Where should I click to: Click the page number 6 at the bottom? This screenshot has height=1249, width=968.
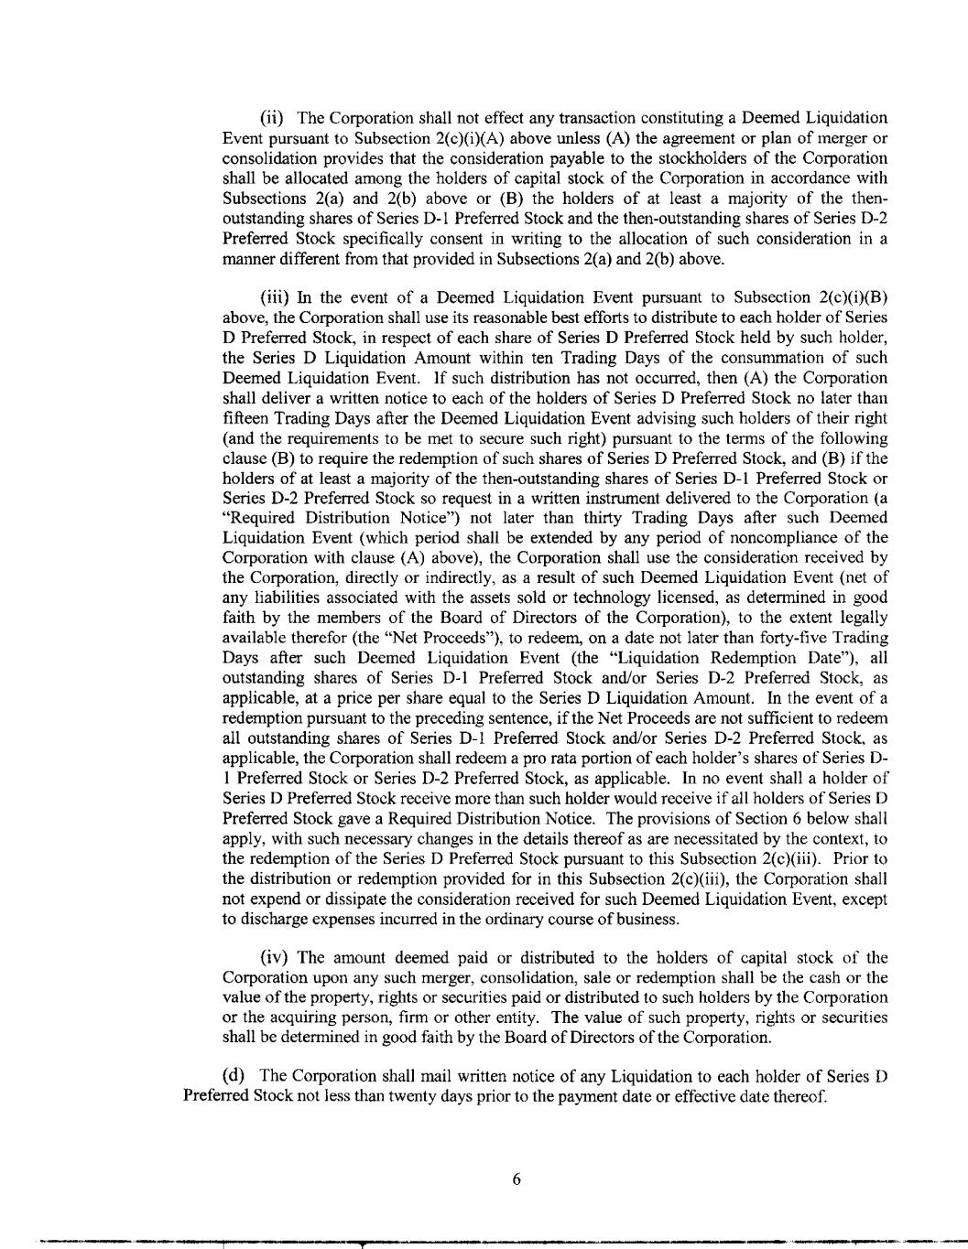(517, 1179)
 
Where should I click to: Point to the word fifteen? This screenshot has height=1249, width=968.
(245, 418)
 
